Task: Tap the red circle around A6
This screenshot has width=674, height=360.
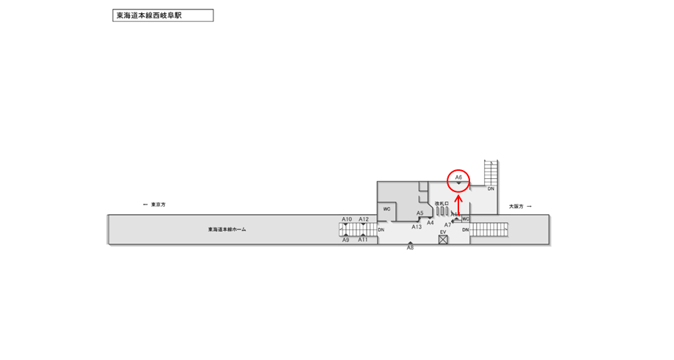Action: [x=458, y=179]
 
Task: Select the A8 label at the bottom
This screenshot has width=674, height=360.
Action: [x=411, y=249]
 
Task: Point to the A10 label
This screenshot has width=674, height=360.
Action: [x=347, y=219]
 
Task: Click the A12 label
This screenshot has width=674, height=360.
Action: [x=364, y=219]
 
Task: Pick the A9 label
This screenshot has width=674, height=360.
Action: [x=346, y=240]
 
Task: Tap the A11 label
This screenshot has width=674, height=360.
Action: [x=363, y=240]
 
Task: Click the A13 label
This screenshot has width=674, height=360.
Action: [x=417, y=227]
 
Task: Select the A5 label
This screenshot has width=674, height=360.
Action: [x=420, y=213]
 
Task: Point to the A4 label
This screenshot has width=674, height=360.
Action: [x=431, y=222]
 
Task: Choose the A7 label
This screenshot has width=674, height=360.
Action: [x=448, y=224]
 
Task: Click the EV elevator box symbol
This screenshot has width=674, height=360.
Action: [x=443, y=239]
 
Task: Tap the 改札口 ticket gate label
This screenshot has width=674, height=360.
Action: [x=442, y=203]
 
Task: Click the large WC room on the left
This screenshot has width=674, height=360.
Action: [x=387, y=209]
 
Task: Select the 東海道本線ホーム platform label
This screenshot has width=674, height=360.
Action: [x=227, y=229]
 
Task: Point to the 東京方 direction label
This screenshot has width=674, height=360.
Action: [x=158, y=205]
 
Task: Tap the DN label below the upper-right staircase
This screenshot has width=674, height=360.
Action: [x=491, y=188]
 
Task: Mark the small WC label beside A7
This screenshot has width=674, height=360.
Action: [x=465, y=218]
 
